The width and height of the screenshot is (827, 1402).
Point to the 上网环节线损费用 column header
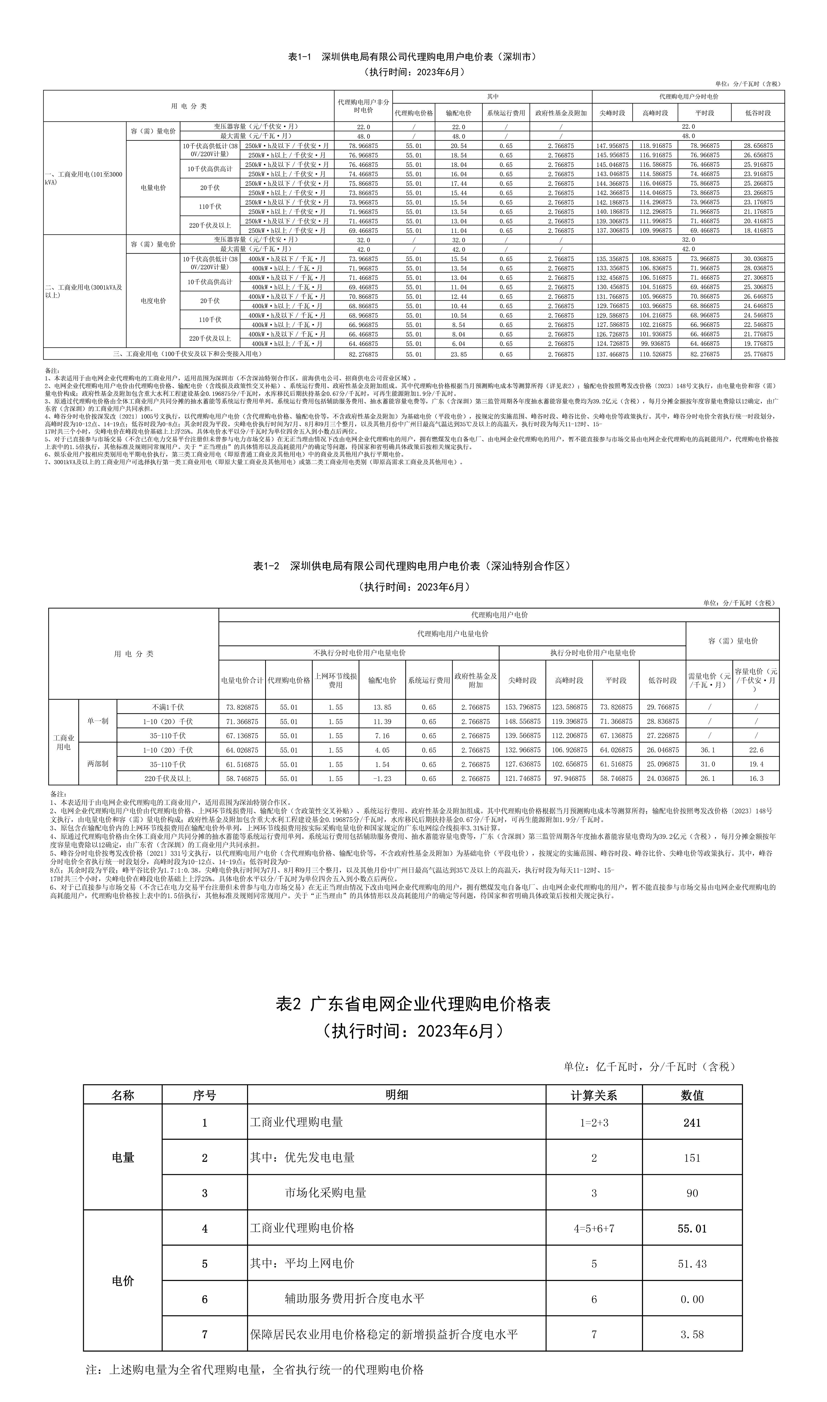(335, 680)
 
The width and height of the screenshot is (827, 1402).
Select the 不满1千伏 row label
(168, 707)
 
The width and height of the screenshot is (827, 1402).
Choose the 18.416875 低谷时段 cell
(758, 231)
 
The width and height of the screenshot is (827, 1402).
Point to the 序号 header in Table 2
(205, 1095)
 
